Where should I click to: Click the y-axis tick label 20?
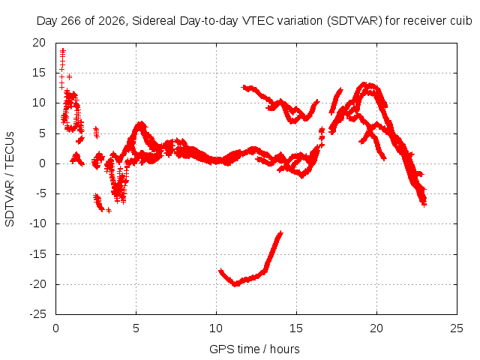[39, 43]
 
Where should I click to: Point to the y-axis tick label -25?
[37, 314]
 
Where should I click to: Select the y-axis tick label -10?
[37, 223]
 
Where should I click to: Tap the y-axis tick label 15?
[39, 73]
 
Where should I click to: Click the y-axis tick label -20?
[37, 284]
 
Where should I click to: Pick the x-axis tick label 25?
[457, 328]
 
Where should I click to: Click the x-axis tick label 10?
[216, 328]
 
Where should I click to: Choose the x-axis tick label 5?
[136, 328]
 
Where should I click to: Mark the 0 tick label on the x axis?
[55, 328]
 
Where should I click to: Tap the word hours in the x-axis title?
[285, 349]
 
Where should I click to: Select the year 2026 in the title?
[112, 21]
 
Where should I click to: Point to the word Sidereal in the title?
[154, 21]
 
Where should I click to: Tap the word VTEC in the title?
[259, 21]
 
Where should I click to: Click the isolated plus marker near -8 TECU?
[109, 211]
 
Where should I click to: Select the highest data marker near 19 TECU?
[63, 50]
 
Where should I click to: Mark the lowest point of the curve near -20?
[235, 284]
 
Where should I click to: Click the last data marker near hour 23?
[424, 205]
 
